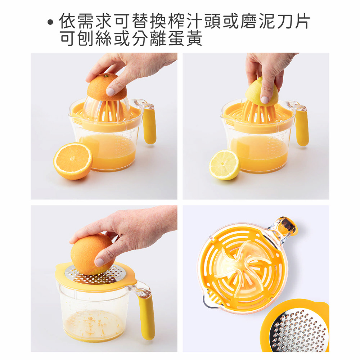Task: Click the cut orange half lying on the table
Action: pyautogui.click(x=73, y=161)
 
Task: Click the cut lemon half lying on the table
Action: pyautogui.click(x=225, y=165)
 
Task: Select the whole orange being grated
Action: pyautogui.click(x=92, y=254)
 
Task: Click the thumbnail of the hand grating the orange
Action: pyautogui.click(x=104, y=279)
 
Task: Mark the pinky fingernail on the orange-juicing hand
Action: pyautogui.click(x=111, y=91)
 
